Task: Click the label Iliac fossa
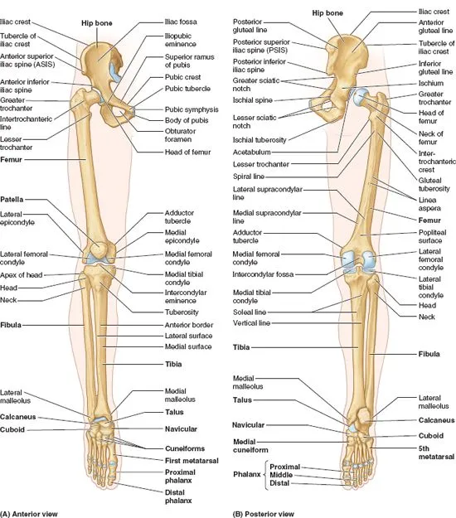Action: (x=181, y=22)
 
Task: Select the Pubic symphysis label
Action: (x=192, y=109)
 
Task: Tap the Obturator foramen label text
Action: (x=180, y=135)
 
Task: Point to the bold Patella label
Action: (x=12, y=199)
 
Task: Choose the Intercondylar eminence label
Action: (x=186, y=297)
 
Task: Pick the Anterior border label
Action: (x=189, y=325)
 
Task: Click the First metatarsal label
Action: (x=192, y=460)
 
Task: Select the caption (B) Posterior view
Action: (x=264, y=514)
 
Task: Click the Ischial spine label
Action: (x=252, y=100)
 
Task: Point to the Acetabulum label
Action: (x=251, y=152)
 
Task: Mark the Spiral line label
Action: (x=249, y=177)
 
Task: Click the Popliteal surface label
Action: (x=432, y=236)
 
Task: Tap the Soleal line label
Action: (x=250, y=312)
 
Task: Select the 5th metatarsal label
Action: (x=436, y=453)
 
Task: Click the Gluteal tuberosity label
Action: (x=434, y=184)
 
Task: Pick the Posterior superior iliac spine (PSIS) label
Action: (x=261, y=46)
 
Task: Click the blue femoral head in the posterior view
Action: (x=360, y=97)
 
